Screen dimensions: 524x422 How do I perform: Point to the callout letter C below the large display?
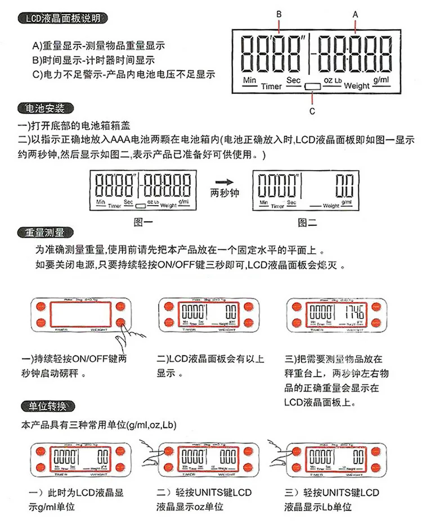coord(312,111)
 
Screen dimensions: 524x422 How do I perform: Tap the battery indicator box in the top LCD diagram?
coord(312,86)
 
